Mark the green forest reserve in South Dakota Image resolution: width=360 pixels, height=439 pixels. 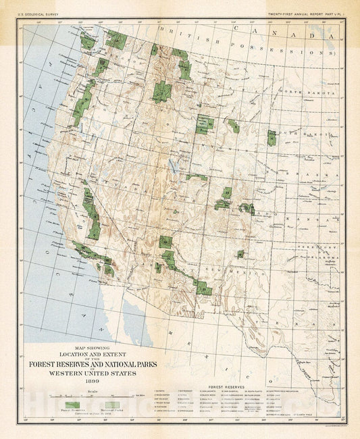[x=272, y=138]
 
